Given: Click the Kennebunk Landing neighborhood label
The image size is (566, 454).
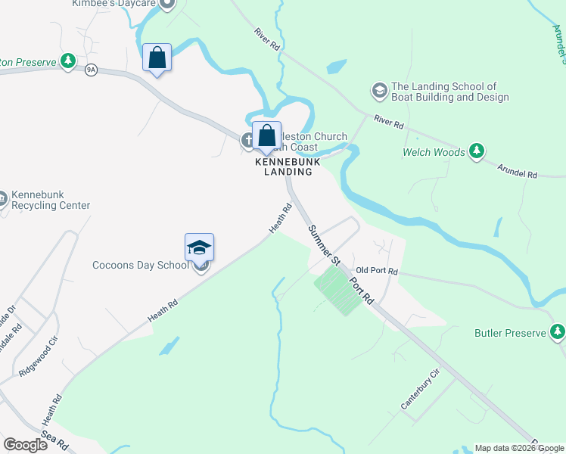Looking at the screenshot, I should coord(288,166).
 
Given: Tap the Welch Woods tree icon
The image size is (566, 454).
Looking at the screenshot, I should coord(476,151).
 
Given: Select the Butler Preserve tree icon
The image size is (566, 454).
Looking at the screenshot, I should coord(558,332).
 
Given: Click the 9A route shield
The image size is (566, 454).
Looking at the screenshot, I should coord(92,69).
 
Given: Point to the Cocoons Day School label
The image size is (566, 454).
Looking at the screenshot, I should coord(141,265).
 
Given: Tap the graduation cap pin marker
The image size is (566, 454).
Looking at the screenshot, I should coord(200,248).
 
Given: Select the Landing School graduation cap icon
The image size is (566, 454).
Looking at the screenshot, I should coord(379,92).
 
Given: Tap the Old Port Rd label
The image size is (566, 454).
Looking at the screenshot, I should coord(376,270).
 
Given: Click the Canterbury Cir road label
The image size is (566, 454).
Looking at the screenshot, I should coord(421,389).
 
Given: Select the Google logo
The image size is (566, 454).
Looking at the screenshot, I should coord(26,445).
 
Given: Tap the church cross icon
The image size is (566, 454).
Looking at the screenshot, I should coord(247,140).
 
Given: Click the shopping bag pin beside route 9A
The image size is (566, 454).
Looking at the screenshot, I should coord(157,58).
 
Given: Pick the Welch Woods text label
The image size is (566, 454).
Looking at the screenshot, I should coord(434,152).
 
